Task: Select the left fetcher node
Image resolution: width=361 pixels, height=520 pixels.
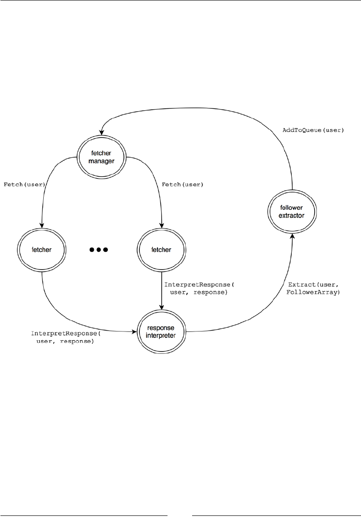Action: click(41, 250)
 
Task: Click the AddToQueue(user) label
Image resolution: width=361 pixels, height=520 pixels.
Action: click(313, 130)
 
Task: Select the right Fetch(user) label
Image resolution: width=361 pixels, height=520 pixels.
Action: click(183, 185)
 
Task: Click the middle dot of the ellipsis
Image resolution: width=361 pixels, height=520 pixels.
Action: click(98, 250)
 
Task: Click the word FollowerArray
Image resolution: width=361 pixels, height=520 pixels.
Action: click(313, 293)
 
